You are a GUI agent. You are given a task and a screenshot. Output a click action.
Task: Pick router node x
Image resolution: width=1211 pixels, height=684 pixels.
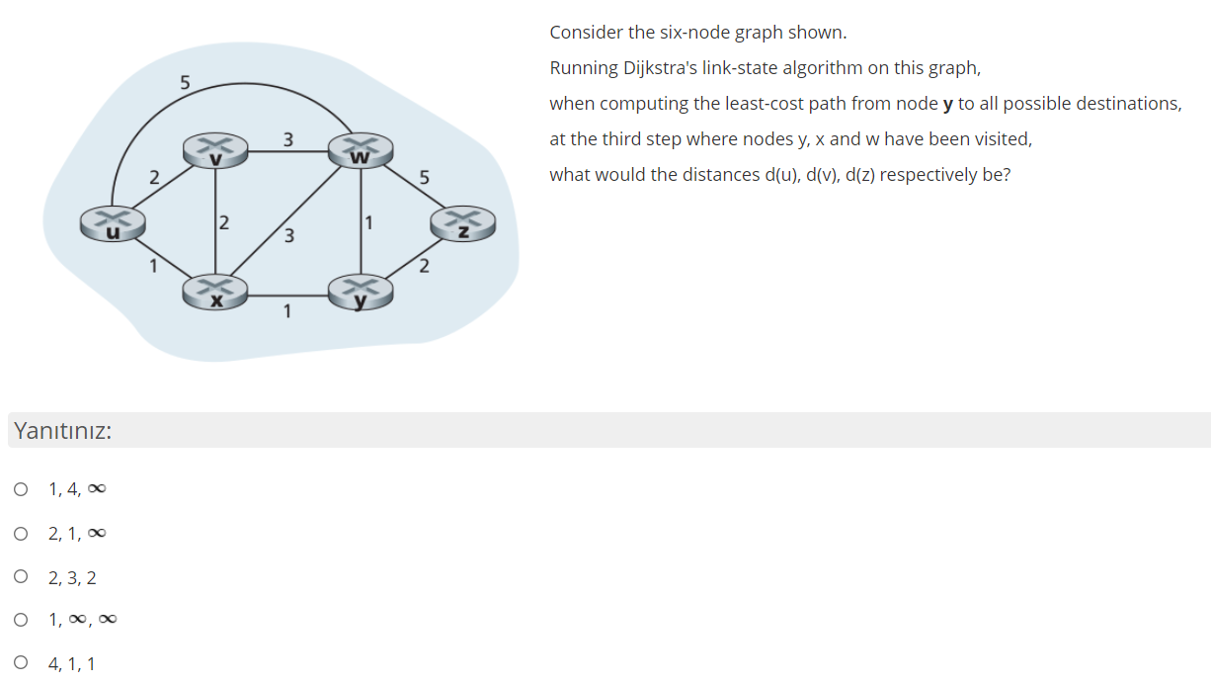[214, 293]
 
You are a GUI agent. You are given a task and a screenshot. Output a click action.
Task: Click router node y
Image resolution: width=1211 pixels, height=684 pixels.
[361, 292]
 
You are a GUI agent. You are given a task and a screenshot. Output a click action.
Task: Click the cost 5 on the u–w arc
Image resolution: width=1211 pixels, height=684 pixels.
[185, 81]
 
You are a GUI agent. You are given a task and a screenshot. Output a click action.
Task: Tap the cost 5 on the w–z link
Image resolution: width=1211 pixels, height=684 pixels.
[425, 178]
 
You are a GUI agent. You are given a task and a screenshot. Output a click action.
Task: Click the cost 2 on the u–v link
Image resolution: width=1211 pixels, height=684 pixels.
[154, 178]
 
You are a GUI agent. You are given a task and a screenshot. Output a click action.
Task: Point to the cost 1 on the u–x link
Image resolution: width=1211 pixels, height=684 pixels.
[152, 265]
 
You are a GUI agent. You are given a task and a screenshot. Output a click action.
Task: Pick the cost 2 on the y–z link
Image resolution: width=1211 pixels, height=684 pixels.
[424, 265]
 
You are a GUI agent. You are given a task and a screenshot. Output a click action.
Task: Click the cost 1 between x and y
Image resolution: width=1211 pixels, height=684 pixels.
[287, 312]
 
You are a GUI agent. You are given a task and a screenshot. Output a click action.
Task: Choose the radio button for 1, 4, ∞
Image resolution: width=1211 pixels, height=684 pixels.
[21, 489]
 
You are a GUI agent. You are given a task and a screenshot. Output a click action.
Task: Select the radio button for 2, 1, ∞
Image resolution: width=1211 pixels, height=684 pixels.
[21, 534]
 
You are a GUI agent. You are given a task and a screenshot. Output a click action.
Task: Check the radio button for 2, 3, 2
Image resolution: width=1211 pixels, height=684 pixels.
[21, 577]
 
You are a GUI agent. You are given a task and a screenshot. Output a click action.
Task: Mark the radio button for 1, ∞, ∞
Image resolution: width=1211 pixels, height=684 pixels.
[21, 621]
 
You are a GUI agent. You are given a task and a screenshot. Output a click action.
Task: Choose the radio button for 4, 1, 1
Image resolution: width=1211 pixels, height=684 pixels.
[21, 664]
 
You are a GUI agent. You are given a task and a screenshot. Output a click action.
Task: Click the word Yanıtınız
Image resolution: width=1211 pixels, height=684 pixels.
[61, 432]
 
